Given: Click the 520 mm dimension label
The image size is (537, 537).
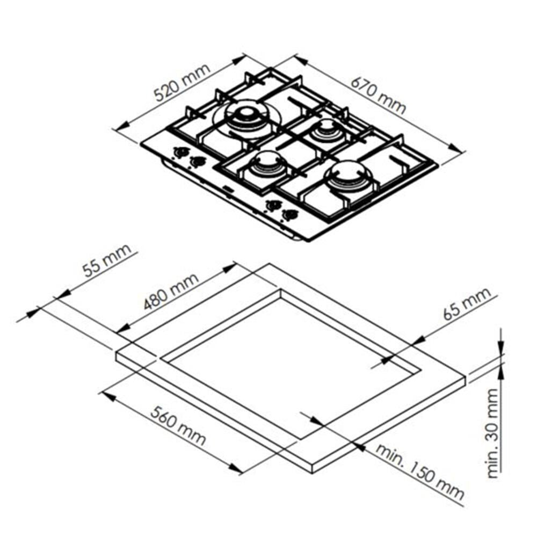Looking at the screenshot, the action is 182,83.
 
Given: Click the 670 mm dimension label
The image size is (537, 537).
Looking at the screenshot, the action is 379,96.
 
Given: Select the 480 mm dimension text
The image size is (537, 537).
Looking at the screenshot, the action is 171,292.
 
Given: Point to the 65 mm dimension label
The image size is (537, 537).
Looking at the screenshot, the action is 467,304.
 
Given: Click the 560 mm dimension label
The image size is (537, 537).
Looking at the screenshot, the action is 178,426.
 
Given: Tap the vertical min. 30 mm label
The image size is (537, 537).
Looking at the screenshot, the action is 492,433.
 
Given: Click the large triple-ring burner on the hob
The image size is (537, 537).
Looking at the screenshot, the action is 246,118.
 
